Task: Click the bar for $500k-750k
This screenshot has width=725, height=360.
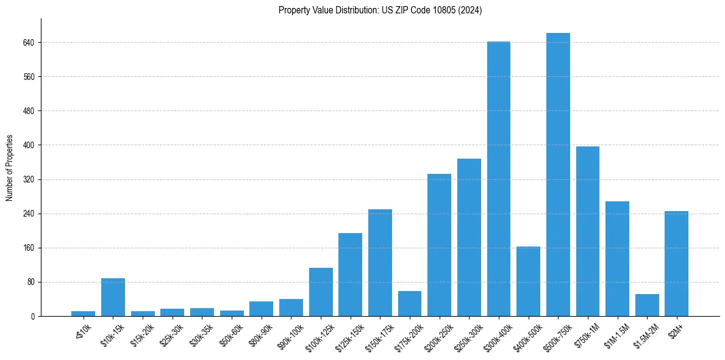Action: click(558, 175)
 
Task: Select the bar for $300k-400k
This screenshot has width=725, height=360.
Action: click(499, 179)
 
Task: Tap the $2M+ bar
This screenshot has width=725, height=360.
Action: click(676, 264)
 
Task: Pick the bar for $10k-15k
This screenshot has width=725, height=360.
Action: click(113, 297)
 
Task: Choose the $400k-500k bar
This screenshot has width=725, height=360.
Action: click(528, 281)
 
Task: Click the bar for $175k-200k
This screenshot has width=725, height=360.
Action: click(410, 304)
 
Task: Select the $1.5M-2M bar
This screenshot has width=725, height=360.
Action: click(647, 305)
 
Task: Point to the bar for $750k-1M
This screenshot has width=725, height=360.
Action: click(588, 231)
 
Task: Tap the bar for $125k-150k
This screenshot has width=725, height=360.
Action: click(350, 275)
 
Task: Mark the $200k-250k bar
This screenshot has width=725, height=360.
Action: click(439, 245)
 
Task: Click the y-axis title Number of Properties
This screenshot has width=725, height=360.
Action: click(10, 168)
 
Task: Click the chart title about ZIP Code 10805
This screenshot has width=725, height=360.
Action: click(380, 10)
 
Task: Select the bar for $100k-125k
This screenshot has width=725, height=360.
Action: click(321, 292)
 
